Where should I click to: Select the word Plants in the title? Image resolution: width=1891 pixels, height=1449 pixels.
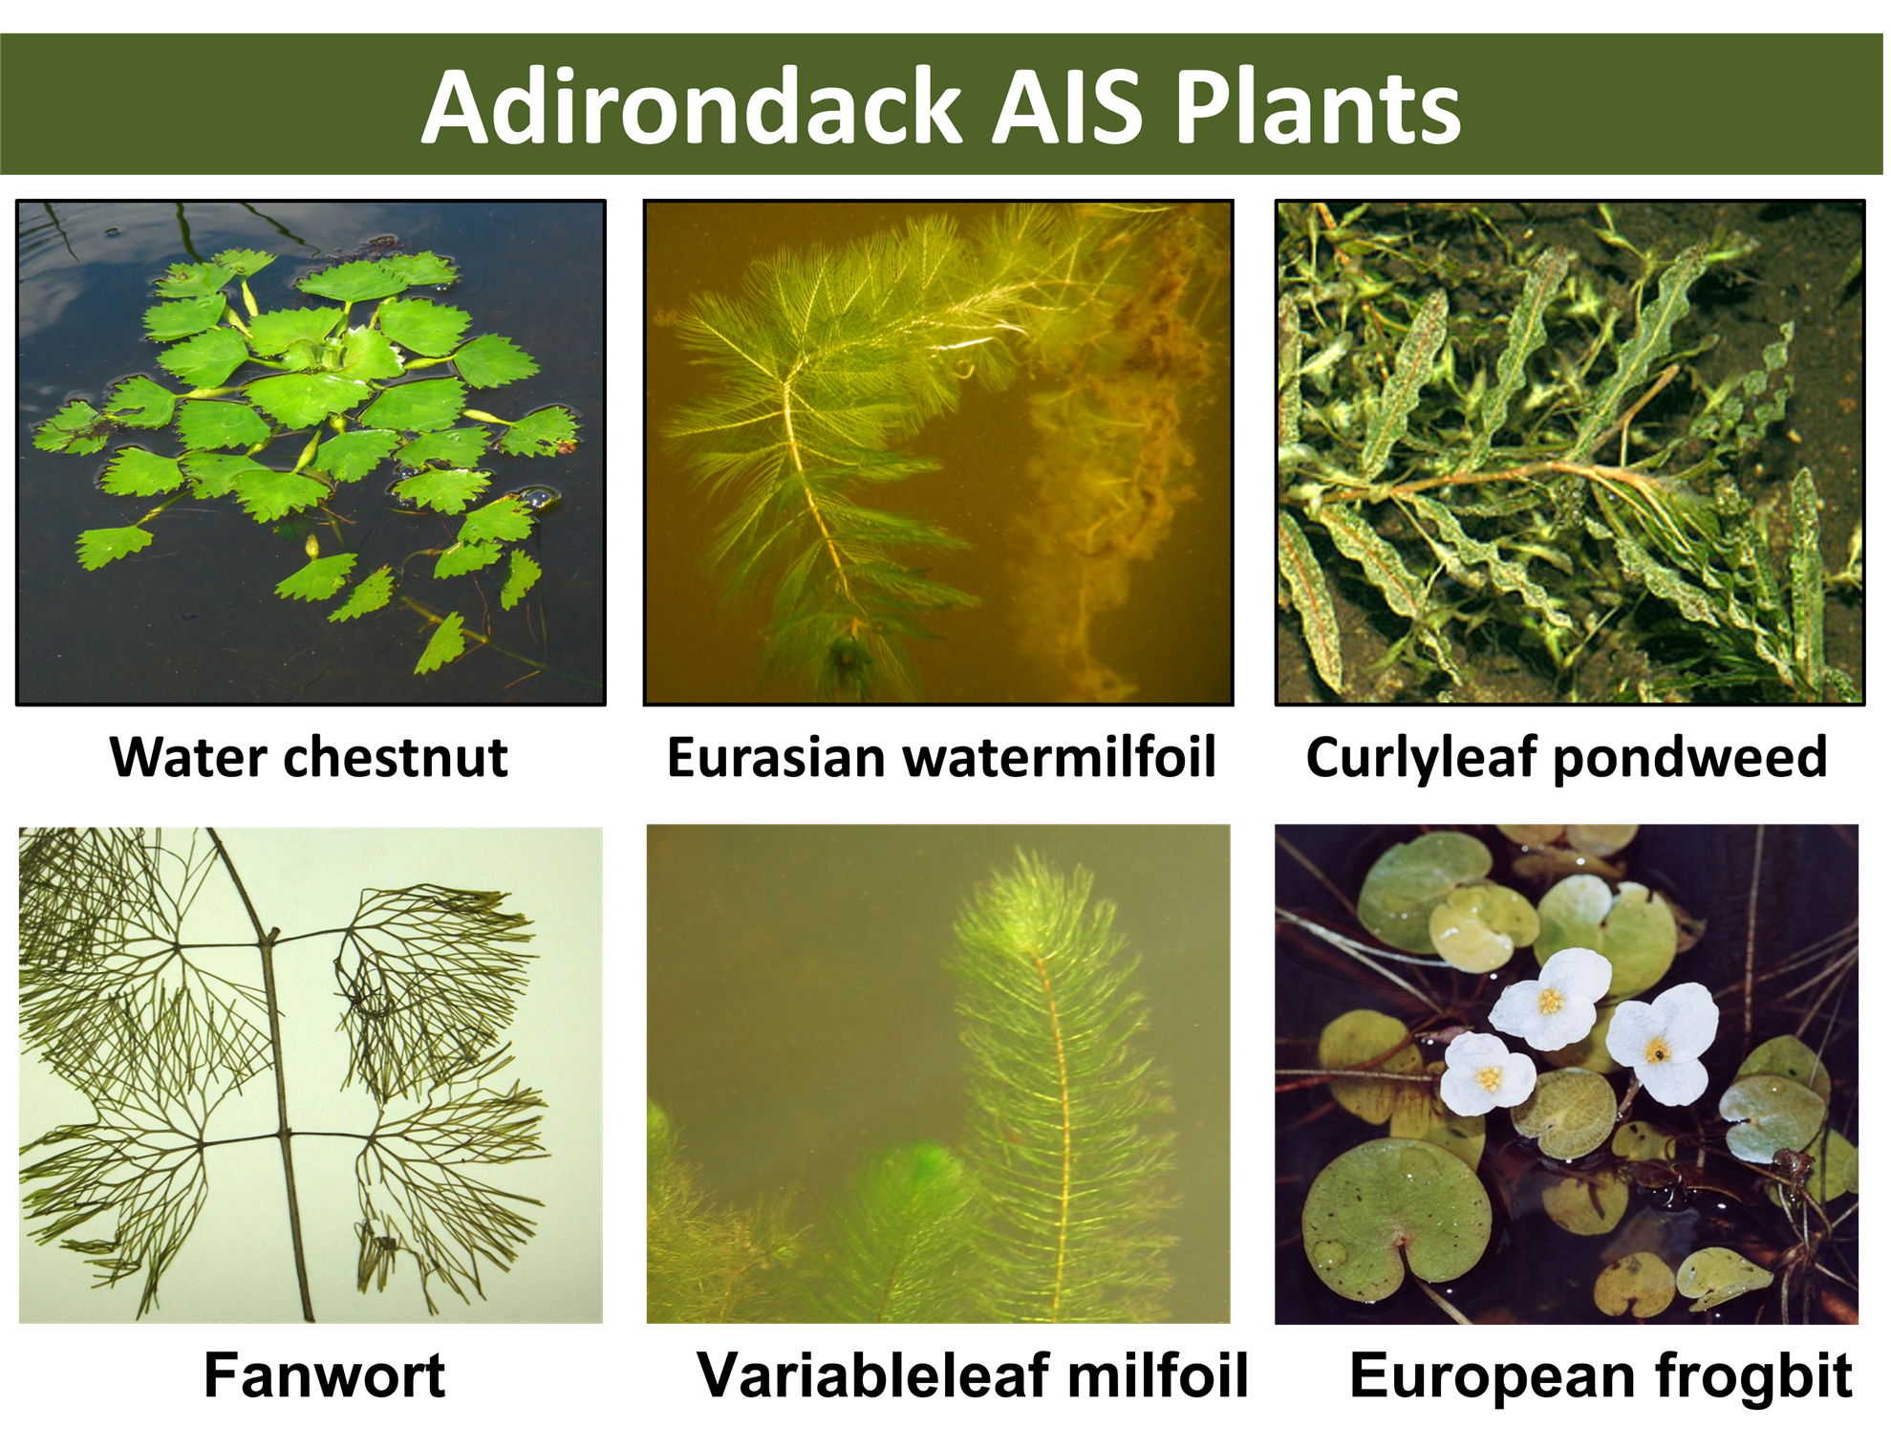point(1318,107)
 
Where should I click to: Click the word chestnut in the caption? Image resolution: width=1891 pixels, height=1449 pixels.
point(396,757)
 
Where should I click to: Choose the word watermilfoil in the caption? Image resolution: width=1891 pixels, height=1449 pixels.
point(1060,757)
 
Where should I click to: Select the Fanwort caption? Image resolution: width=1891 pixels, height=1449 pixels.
point(325,1375)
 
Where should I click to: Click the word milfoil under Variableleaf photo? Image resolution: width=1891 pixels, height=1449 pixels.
point(1158,1375)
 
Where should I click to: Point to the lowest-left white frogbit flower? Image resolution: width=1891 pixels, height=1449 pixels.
point(1487,1074)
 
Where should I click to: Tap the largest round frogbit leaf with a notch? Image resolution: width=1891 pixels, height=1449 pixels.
point(1396,1221)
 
